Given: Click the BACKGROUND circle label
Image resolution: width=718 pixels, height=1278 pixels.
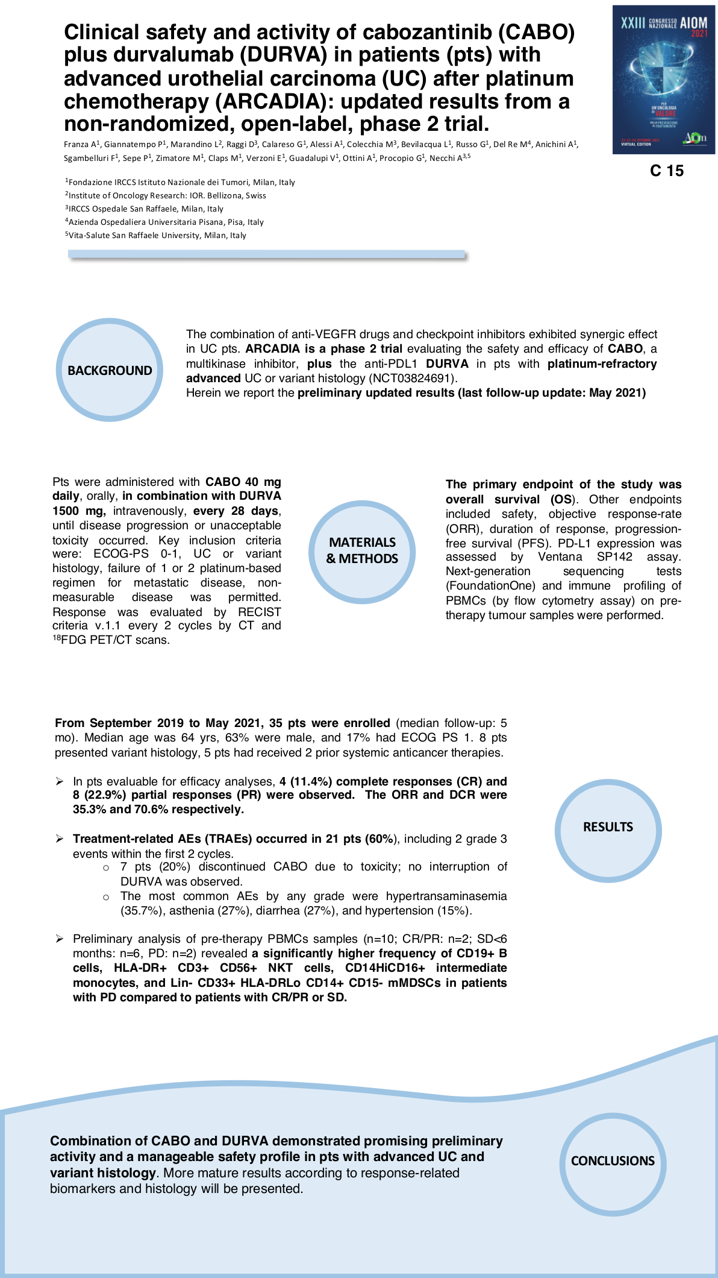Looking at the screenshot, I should point(110,370).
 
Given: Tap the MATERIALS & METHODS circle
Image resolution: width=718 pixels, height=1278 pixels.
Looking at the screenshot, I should point(362,550).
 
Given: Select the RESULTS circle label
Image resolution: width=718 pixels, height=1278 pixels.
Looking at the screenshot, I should point(608,827).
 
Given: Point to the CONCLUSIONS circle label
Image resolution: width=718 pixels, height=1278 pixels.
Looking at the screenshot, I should point(613,1160).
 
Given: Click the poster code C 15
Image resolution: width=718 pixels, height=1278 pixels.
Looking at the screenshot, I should point(667,171).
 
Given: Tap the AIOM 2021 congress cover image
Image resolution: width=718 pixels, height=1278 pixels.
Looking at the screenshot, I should point(664,79).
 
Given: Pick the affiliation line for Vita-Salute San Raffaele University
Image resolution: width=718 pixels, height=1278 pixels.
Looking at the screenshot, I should point(156,236).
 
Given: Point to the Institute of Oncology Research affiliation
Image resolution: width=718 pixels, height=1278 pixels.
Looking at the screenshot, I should point(166,196).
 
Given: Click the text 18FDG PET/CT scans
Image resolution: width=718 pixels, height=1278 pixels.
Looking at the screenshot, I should point(111,640).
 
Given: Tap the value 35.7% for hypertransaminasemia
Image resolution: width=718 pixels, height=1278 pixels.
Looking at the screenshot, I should point(142,911).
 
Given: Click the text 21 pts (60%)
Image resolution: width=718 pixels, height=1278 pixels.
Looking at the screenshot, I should point(361,839).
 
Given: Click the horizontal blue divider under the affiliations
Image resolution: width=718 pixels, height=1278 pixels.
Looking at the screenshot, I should point(267,255).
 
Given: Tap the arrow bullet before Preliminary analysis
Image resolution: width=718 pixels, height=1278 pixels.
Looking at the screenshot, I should point(60,939).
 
